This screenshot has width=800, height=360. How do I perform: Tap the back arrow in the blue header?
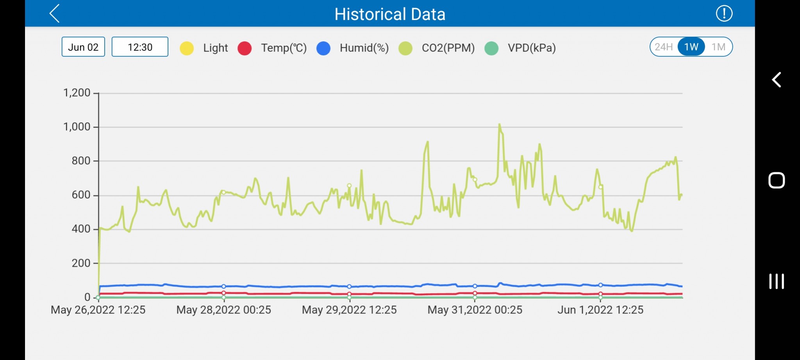click(x=55, y=14)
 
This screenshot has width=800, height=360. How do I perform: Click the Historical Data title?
click(x=390, y=14)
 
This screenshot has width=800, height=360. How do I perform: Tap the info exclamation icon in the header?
click(x=724, y=14)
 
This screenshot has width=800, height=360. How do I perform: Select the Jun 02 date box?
click(x=83, y=47)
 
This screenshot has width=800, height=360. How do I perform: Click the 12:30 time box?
click(x=140, y=47)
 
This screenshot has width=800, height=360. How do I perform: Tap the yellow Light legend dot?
click(x=187, y=48)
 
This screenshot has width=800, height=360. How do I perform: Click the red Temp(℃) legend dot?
click(x=245, y=48)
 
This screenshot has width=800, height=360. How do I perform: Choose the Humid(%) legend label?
click(x=364, y=48)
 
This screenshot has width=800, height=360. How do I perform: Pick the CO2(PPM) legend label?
click(x=448, y=48)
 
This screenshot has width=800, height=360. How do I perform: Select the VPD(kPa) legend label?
click(x=532, y=48)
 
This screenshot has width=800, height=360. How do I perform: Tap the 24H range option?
click(x=664, y=47)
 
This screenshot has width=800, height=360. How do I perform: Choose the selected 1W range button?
click(x=691, y=47)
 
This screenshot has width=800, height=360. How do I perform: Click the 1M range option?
click(x=718, y=47)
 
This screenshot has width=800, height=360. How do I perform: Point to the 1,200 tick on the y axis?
click(x=77, y=93)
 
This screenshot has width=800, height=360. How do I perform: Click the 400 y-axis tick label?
click(x=81, y=229)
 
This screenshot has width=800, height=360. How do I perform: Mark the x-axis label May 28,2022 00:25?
click(x=224, y=310)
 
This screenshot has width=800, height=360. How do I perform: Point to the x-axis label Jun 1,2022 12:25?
click(x=600, y=310)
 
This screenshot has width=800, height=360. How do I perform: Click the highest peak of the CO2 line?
click(x=499, y=125)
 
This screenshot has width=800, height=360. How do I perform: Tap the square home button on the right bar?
click(x=777, y=180)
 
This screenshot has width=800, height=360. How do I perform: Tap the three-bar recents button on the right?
click(x=777, y=281)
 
